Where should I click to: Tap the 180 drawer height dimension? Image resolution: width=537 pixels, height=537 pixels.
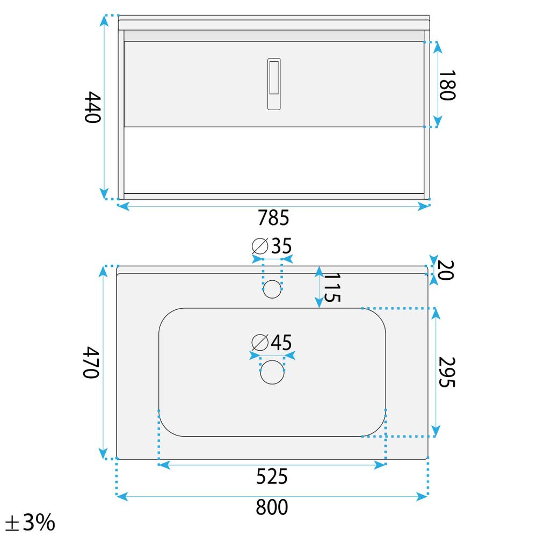click(x=447, y=85)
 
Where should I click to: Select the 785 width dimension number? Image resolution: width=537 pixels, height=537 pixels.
click(x=273, y=218)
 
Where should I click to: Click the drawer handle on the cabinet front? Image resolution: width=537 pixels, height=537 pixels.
click(x=273, y=84)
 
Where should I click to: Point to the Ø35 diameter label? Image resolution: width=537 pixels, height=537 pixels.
click(x=272, y=246)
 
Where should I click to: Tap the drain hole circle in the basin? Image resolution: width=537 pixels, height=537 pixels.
click(x=272, y=372)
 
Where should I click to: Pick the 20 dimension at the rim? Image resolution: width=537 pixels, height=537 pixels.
click(x=446, y=270)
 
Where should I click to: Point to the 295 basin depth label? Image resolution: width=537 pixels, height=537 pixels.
click(x=447, y=372)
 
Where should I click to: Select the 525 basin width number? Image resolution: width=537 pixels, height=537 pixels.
click(x=272, y=476)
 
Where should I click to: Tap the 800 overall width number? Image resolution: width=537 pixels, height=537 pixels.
click(x=272, y=507)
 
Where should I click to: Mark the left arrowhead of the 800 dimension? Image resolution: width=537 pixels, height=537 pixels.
click(x=122, y=497)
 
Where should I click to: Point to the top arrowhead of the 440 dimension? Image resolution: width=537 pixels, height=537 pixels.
click(x=104, y=20)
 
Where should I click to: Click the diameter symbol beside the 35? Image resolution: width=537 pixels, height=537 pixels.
click(x=260, y=246)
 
